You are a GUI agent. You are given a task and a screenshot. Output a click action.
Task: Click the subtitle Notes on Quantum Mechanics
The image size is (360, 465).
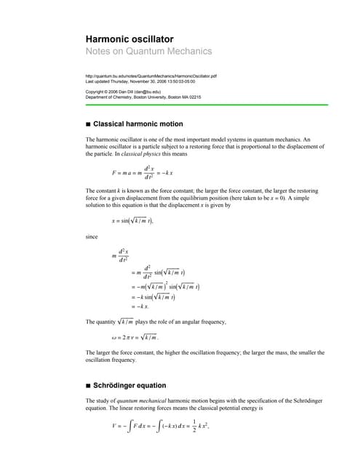coord(148,52)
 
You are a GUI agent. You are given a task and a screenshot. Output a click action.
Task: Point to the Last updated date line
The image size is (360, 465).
coord(141,82)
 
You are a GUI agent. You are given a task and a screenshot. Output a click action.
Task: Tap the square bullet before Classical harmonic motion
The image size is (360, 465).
coord(88,125)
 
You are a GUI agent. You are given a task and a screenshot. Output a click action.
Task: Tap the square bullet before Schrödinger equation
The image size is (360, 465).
coord(88,385)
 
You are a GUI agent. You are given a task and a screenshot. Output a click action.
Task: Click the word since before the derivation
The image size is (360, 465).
coord(92,236)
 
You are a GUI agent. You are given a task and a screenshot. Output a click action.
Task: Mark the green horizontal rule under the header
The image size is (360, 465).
coord(204,105)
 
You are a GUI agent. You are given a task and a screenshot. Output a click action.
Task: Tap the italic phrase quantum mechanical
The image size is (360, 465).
coord(150,401)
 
